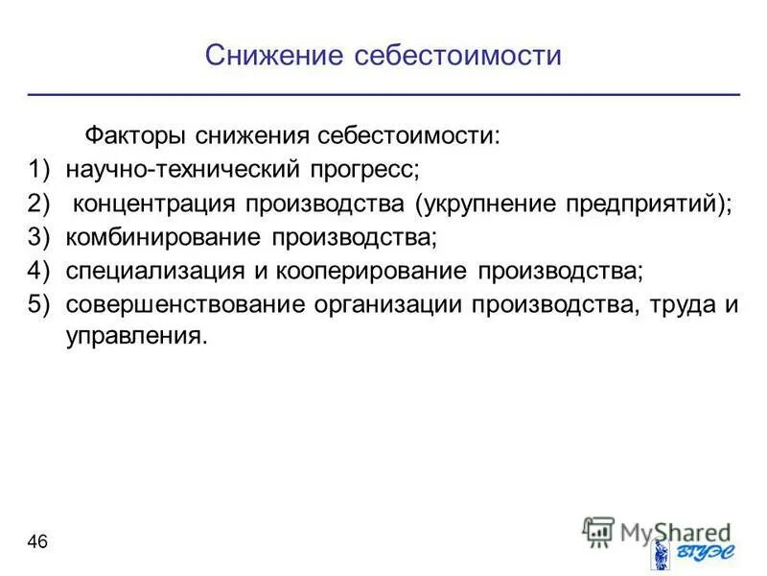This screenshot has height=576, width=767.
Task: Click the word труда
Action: click(679, 304)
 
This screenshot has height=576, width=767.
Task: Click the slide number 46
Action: click(37, 542)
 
